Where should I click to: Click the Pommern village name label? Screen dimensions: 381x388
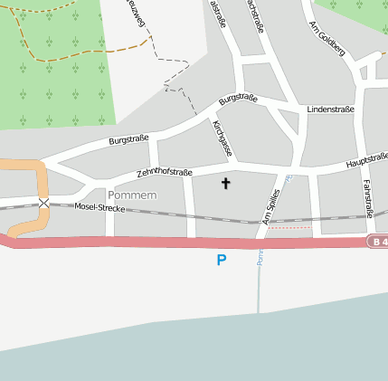[132, 195]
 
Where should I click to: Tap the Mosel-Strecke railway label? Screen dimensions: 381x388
[99, 208]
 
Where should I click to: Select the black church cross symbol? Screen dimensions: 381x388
[226, 184]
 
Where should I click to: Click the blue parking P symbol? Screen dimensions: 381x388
[222, 261]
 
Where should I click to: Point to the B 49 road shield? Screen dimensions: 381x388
[377, 243]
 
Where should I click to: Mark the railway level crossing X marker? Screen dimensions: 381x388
[44, 203]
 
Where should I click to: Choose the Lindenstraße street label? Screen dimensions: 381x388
[330, 110]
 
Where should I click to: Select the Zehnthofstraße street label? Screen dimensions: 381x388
[166, 167]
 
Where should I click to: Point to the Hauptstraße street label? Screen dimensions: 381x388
[366, 160]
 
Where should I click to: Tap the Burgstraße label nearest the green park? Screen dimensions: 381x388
[128, 139]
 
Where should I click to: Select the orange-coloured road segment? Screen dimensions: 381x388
[36, 181]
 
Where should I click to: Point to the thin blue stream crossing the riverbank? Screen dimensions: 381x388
[259, 281]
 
